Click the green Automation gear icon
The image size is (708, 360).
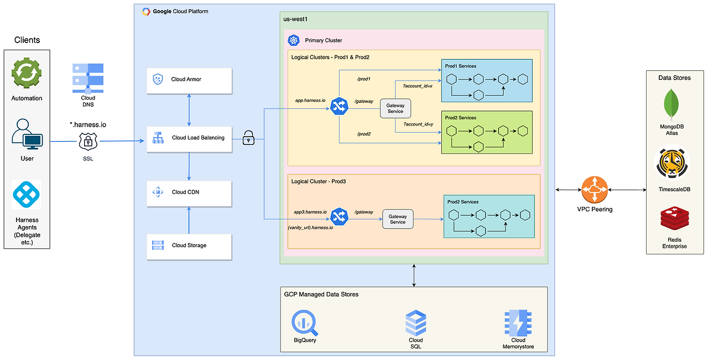[x=27, y=73]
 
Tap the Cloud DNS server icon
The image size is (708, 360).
[x=88, y=78]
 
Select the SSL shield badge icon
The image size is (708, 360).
[x=88, y=141]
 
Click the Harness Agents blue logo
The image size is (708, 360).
[x=26, y=195]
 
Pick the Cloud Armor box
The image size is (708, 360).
[x=189, y=81]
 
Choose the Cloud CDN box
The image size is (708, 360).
[x=189, y=194]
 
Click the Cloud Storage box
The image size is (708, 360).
[x=189, y=247]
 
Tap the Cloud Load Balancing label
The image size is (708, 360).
[x=198, y=138]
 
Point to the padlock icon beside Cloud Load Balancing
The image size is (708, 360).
[x=248, y=138]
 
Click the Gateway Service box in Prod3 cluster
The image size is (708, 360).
[x=398, y=219]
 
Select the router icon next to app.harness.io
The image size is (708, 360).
[x=339, y=106]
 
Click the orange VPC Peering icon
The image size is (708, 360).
[x=595, y=190]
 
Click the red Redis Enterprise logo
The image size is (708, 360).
[x=674, y=218]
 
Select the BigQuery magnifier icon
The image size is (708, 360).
[x=304, y=323]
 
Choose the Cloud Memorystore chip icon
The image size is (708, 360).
[x=518, y=323]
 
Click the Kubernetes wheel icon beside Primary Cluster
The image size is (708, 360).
[x=294, y=40]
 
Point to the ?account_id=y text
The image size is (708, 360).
[x=418, y=124]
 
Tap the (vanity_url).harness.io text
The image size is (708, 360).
[x=310, y=228]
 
